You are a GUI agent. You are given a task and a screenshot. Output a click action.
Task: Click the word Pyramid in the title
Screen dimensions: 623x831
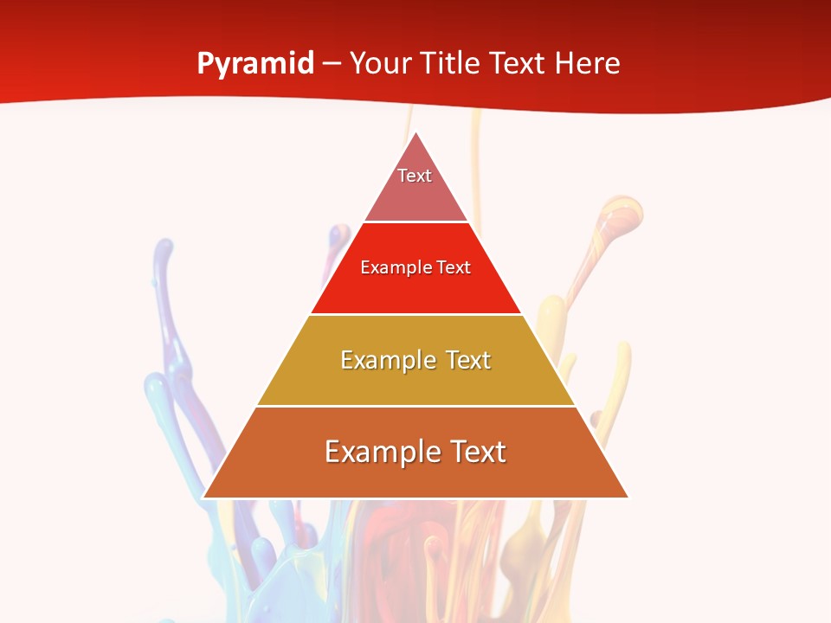pyautogui.click(x=255, y=64)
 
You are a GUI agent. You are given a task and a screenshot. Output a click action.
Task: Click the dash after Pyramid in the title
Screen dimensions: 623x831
pyautogui.click(x=332, y=64)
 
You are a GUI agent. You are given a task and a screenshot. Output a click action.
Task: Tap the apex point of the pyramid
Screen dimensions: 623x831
pyautogui.click(x=416, y=133)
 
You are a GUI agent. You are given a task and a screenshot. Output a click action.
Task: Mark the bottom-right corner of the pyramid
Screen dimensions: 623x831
pyautogui.click(x=628, y=497)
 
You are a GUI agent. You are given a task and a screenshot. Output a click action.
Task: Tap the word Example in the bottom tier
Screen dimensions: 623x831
pyautogui.click(x=377, y=452)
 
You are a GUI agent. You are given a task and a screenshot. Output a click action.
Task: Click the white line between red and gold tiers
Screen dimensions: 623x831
pyautogui.click(x=415, y=314)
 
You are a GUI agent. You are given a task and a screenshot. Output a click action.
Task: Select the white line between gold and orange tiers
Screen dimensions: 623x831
pyautogui.click(x=415, y=406)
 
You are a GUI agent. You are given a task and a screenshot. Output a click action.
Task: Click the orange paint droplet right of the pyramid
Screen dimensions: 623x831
pyautogui.click(x=622, y=211)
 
